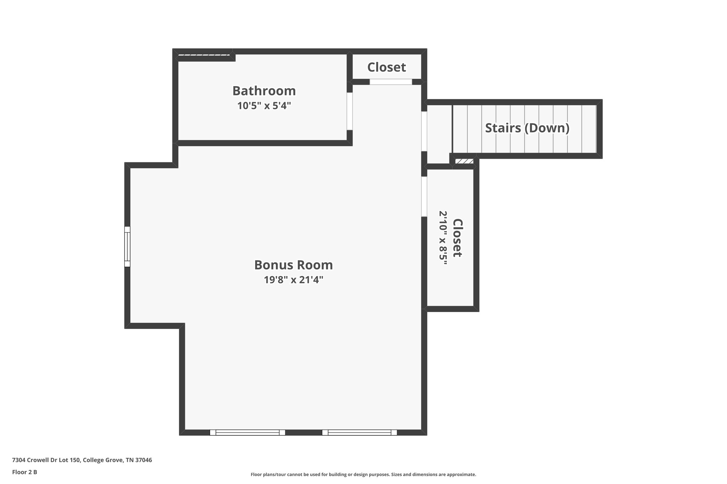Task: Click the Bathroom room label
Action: [x=264, y=91]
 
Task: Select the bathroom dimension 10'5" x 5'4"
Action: [x=264, y=106]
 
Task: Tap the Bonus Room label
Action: [x=293, y=265]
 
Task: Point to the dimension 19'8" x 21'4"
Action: [x=293, y=280]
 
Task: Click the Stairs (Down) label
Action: [x=527, y=128]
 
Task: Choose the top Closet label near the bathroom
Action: [x=386, y=67]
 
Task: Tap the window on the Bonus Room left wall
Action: [x=127, y=246]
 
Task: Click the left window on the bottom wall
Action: [x=247, y=432]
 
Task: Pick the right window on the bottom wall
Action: [x=359, y=432]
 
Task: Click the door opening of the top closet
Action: [x=390, y=82]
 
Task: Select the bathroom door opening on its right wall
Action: [x=350, y=111]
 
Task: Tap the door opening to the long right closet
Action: [x=424, y=196]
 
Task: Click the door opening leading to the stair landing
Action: [x=424, y=131]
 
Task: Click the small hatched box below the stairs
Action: [x=464, y=161]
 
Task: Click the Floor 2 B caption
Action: [x=24, y=472]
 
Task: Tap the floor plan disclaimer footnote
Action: [x=363, y=474]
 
